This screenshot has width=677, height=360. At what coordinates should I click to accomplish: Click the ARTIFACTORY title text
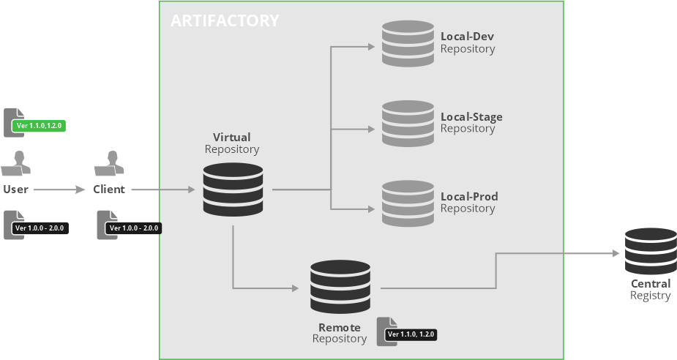pos(225,20)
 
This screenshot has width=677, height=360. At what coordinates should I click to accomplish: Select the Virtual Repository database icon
pos(232,190)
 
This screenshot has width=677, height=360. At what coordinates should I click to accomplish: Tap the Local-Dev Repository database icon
pos(408,44)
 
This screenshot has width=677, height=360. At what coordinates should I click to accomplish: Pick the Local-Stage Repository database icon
pos(408,124)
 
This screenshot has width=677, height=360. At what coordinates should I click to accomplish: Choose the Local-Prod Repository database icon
pos(408,203)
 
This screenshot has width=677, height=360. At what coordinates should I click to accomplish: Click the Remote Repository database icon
pos(340,287)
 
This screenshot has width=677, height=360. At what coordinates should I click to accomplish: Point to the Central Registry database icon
pos(651,251)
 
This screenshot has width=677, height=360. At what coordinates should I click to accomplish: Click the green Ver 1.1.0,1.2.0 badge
pos(40,126)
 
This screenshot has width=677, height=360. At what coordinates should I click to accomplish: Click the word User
pos(15,190)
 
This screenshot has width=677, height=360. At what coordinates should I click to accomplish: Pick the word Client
pos(109,190)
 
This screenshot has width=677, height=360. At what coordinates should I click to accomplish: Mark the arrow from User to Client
pos(59,190)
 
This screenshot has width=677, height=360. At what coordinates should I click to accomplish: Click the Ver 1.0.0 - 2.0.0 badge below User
pos(40,228)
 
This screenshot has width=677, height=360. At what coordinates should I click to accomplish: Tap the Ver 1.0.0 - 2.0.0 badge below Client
pos(133,228)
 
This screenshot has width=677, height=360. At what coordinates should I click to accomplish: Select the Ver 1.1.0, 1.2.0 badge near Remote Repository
pos(411,334)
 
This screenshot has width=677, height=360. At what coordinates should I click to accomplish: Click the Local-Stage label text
pos(471,116)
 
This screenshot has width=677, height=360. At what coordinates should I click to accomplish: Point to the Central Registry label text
pos(651,290)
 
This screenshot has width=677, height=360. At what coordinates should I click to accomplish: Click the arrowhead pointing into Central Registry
pos(616,254)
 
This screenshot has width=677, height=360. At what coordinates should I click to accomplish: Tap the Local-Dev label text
pos(468,37)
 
